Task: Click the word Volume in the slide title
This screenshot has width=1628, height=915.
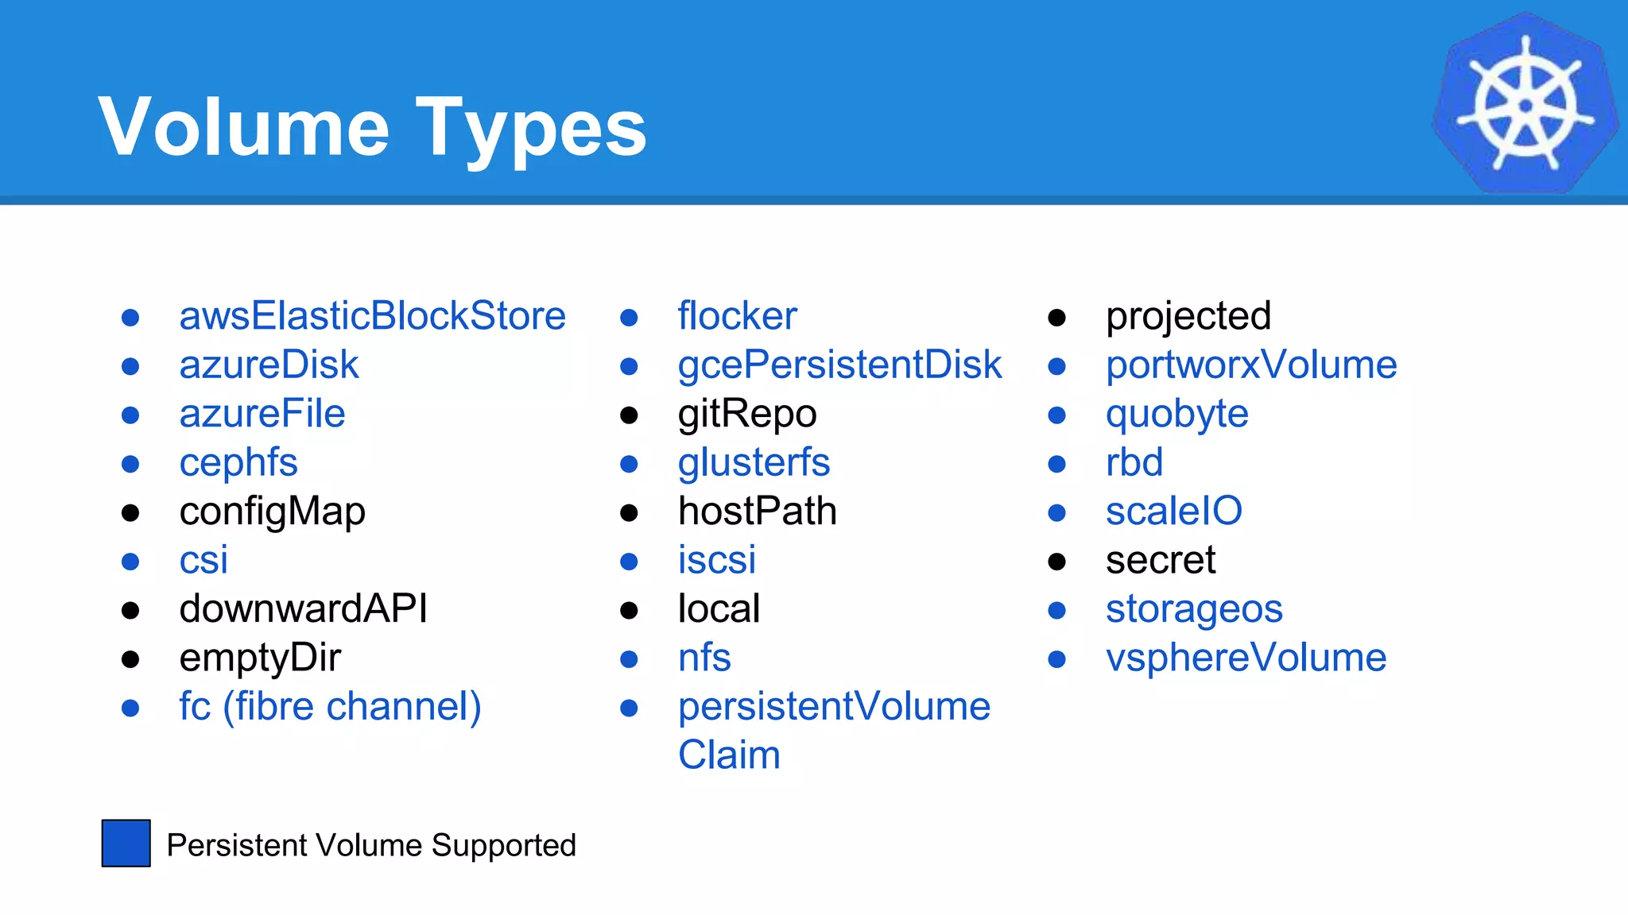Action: tap(243, 127)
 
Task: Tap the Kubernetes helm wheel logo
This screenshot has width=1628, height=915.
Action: tap(1525, 104)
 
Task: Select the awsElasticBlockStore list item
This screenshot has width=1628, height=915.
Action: tap(372, 316)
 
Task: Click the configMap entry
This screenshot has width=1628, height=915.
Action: tap(272, 512)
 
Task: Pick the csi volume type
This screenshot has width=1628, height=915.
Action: tap(203, 561)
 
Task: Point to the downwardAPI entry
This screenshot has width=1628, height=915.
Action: tap(303, 609)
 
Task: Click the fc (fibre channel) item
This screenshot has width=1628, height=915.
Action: tap(330, 707)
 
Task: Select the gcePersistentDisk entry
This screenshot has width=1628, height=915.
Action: tap(839, 365)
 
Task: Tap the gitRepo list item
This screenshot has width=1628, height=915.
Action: tap(746, 414)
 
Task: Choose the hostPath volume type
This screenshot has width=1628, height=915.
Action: tap(757, 512)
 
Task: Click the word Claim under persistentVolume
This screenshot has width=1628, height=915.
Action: tap(729, 755)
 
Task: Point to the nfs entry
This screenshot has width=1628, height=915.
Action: tap(704, 658)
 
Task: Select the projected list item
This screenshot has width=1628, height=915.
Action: tap(1188, 316)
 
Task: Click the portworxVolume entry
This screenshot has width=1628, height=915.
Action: tap(1250, 365)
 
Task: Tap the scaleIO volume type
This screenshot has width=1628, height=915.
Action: tap(1173, 512)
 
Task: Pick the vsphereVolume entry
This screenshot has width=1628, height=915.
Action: tap(1246, 658)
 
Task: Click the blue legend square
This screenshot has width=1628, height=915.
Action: tap(126, 844)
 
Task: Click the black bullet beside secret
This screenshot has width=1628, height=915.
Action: tap(1056, 562)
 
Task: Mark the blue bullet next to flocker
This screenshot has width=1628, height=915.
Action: tap(629, 319)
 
